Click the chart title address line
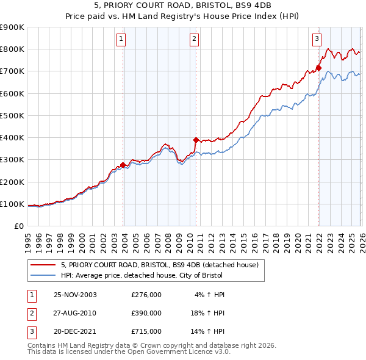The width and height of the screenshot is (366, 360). (182, 5)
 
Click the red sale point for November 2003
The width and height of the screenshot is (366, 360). (123, 165)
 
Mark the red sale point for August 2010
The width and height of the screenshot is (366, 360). (196, 140)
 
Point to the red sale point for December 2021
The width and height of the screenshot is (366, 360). (318, 68)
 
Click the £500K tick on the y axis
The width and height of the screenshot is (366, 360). (12, 115)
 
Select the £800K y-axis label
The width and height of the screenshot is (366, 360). (12, 49)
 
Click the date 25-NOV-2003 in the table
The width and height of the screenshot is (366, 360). (75, 295)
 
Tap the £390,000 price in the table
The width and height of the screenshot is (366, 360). (146, 313)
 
